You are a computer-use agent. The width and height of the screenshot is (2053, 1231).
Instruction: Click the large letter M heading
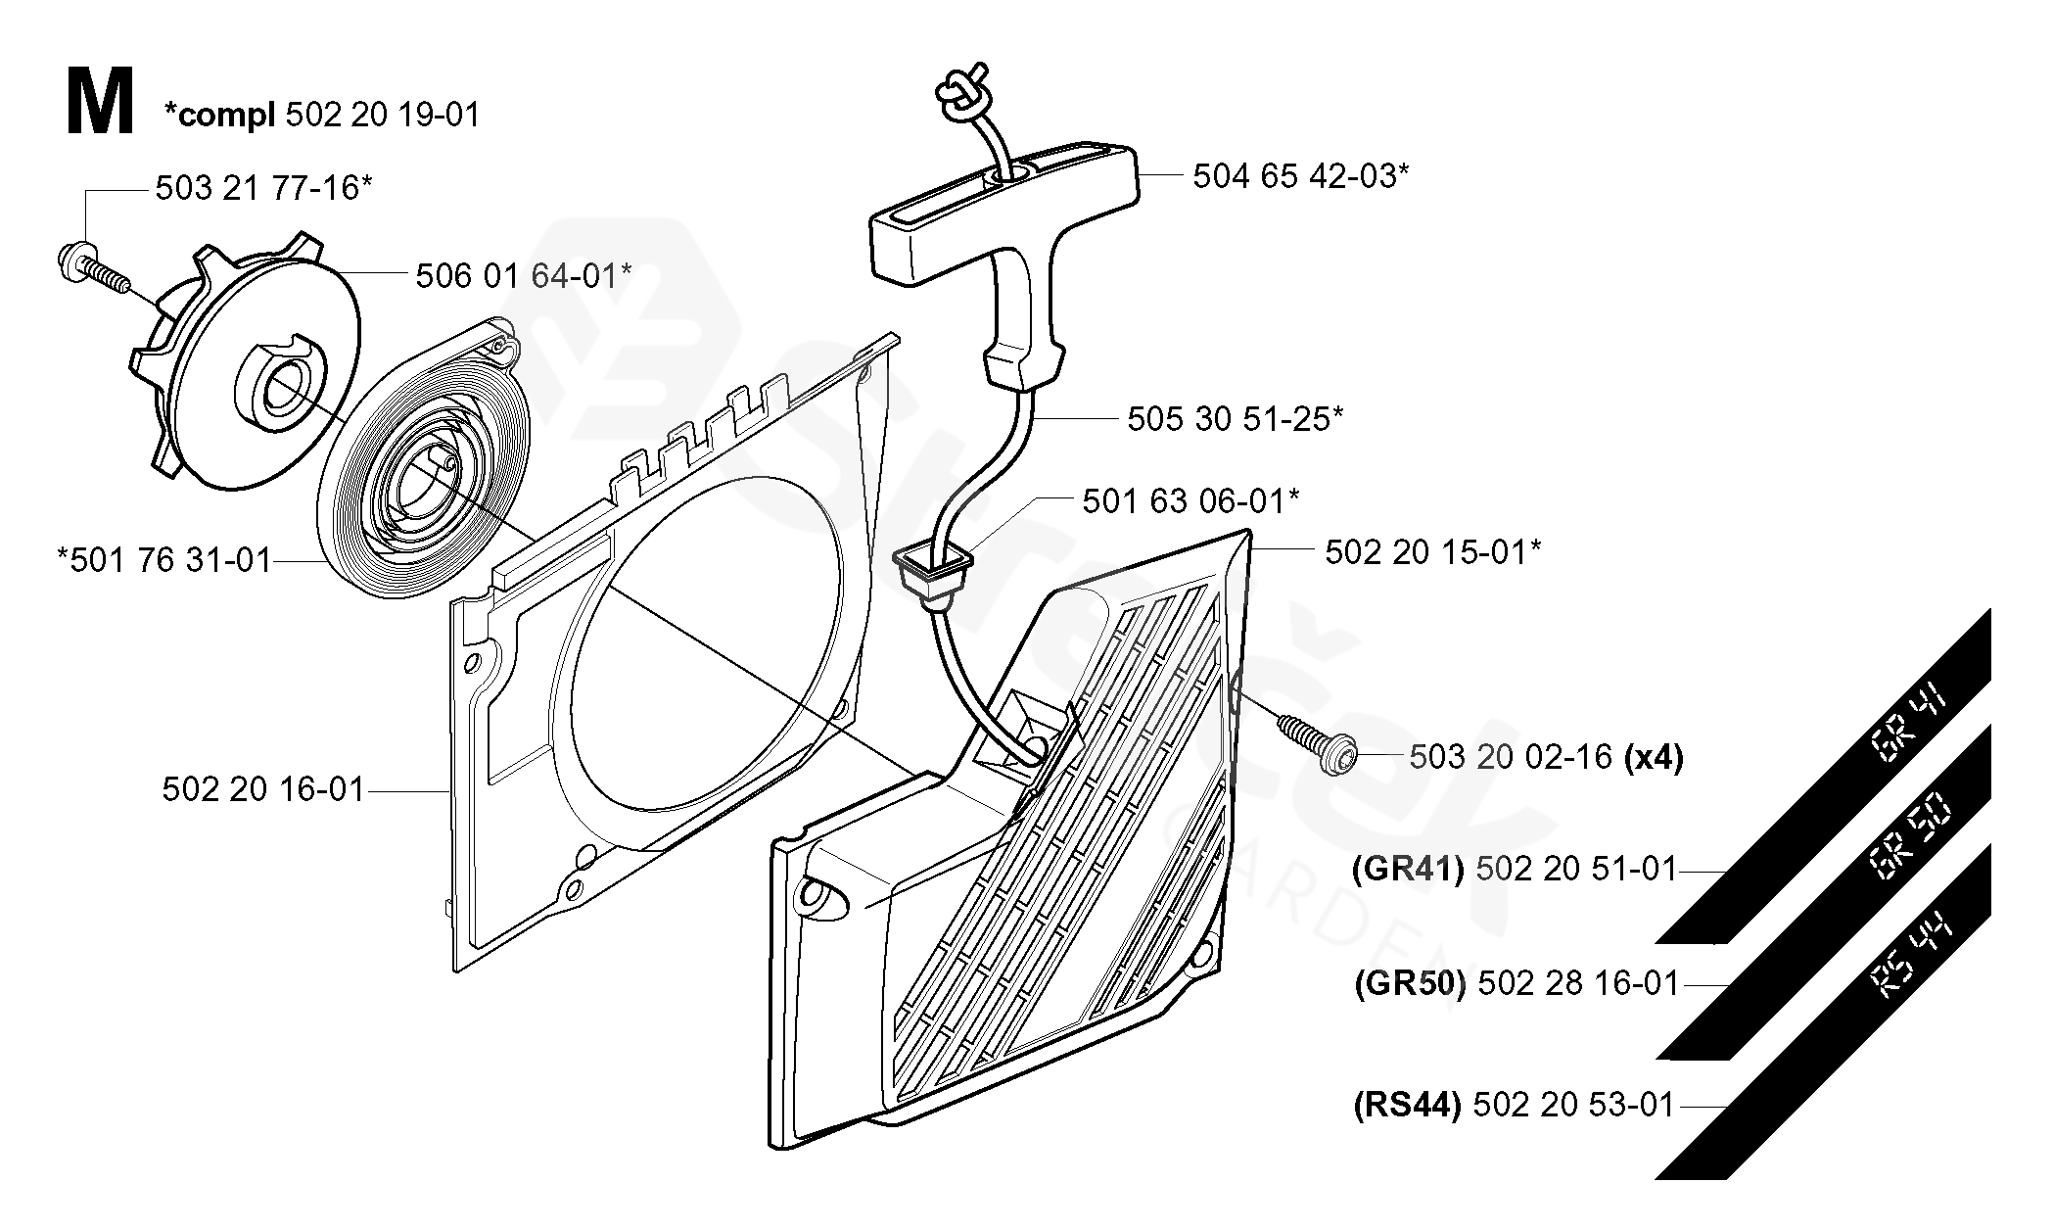pos(100,102)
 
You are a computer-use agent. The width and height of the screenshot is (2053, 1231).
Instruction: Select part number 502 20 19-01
pos(383,115)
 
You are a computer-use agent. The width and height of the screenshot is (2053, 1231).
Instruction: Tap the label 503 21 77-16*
pos(263,187)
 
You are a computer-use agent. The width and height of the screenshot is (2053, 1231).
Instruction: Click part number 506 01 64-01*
pos(523,275)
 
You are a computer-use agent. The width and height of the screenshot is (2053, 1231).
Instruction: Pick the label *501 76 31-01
pos(163,560)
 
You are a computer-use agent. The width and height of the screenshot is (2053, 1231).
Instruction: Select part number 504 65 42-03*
pos(1301,176)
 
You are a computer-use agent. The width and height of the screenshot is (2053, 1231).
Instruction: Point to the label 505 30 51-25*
pos(1236,419)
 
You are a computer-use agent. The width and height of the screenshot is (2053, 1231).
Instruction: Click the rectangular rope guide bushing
pos(935,578)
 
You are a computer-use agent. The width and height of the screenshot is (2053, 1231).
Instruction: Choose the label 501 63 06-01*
pos(1190,501)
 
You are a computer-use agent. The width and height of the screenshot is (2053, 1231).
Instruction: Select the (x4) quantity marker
pos(1654,757)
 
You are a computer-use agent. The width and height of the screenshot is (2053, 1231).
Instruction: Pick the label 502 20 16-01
pos(263,788)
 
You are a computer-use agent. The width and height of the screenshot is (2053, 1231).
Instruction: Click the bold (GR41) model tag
pos(1408,869)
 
